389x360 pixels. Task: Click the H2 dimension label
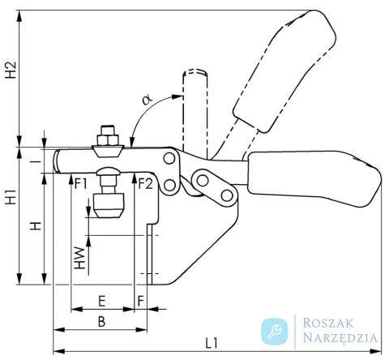[x=12, y=70]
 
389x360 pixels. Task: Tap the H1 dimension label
[x=12, y=197]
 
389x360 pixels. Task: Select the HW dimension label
[x=80, y=258]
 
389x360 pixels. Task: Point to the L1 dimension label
[x=212, y=343]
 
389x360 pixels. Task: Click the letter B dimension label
[x=101, y=322]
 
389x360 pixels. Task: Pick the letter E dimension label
[x=102, y=301]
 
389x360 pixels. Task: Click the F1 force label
[x=81, y=184]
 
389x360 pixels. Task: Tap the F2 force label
[x=146, y=184]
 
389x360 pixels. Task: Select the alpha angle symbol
[x=147, y=99]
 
